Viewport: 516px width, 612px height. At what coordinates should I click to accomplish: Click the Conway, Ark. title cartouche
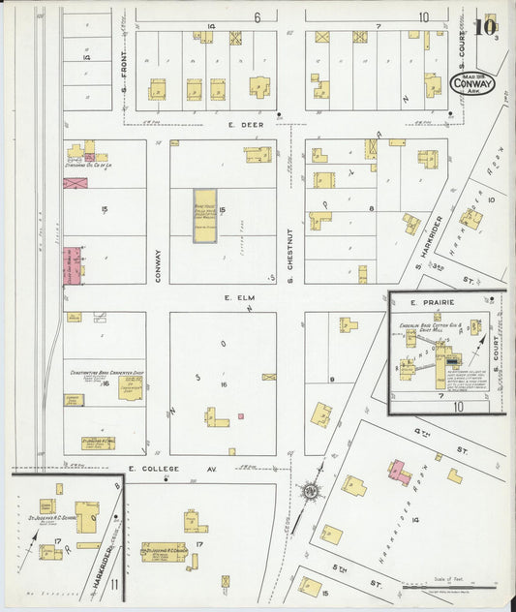472,83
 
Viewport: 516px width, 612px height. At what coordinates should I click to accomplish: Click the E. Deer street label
215,123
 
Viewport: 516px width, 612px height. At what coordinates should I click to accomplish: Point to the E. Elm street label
231,298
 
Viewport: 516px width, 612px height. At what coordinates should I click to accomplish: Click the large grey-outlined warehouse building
205,215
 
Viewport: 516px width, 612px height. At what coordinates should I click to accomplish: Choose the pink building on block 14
398,472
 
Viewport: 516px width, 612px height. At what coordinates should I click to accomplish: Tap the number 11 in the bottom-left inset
114,584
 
